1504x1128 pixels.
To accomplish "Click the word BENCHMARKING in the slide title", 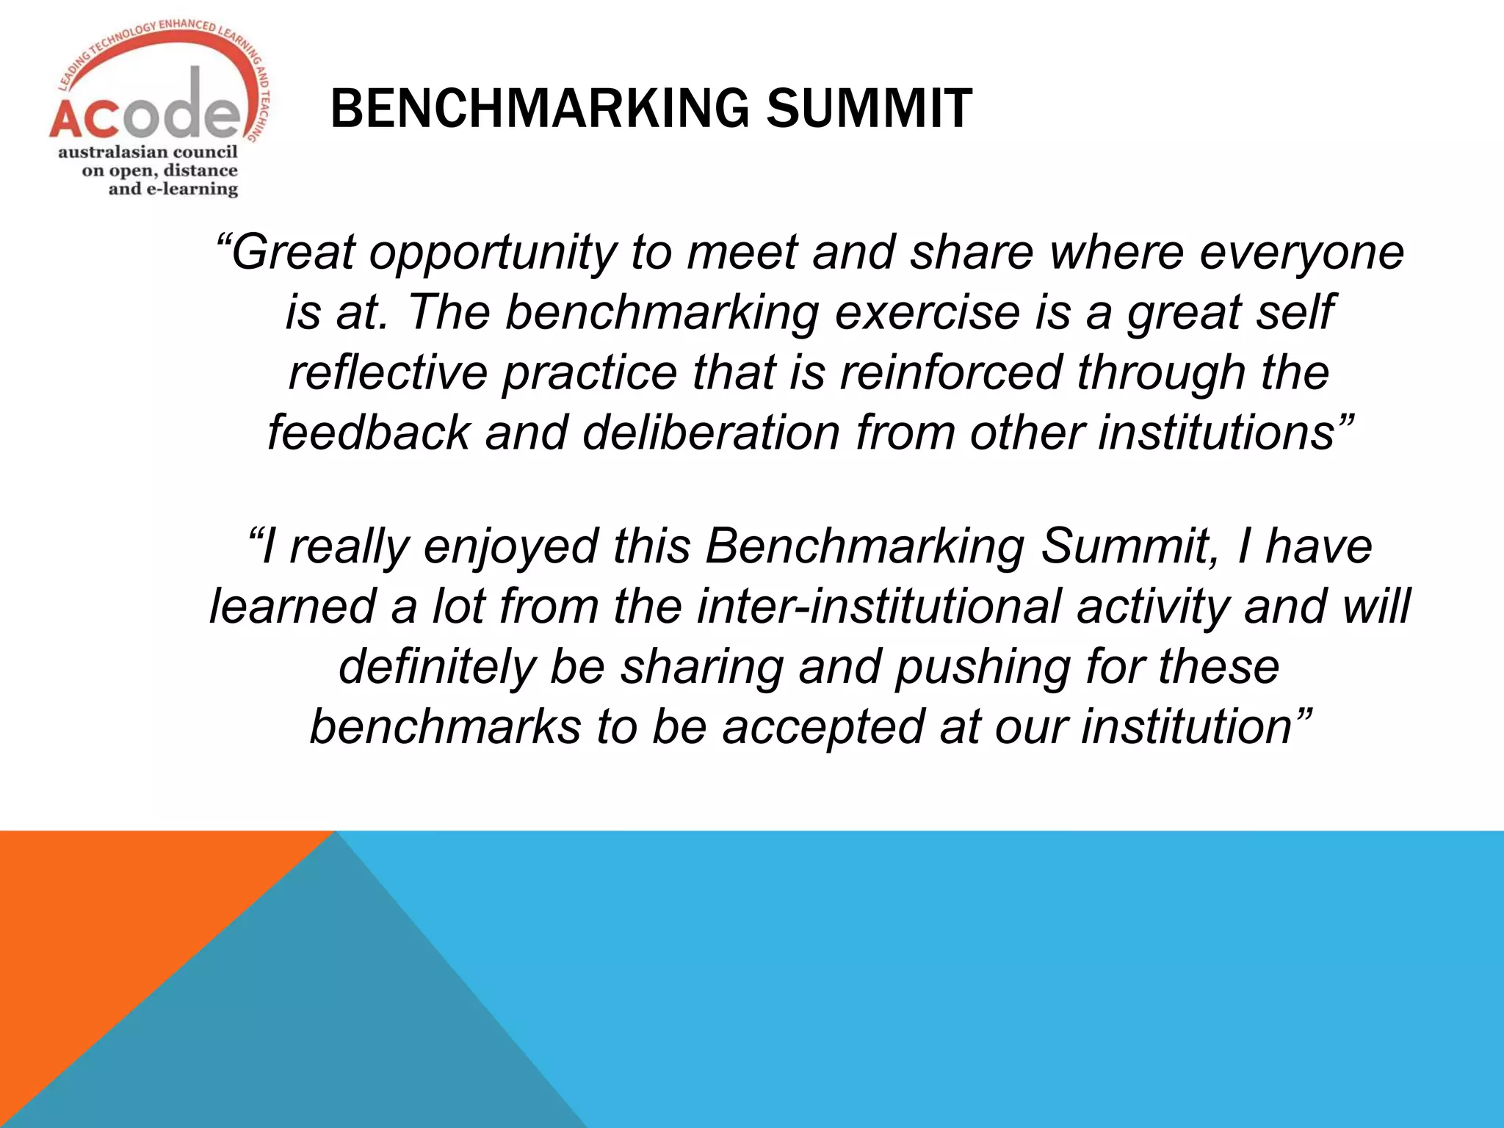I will pos(540,109).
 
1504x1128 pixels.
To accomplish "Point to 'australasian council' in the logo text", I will pos(148,152).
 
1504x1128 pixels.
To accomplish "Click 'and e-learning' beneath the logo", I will pos(173,189).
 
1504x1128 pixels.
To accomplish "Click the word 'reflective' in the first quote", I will pos(388,372).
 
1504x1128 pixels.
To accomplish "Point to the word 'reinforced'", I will pos(950,372).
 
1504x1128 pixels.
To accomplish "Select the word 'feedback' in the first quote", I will pos(368,433).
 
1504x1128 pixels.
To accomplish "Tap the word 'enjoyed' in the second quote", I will pos(511,547).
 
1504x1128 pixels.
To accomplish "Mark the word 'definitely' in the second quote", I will pos(438,668).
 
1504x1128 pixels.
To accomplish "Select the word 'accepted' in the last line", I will pos(822,728).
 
